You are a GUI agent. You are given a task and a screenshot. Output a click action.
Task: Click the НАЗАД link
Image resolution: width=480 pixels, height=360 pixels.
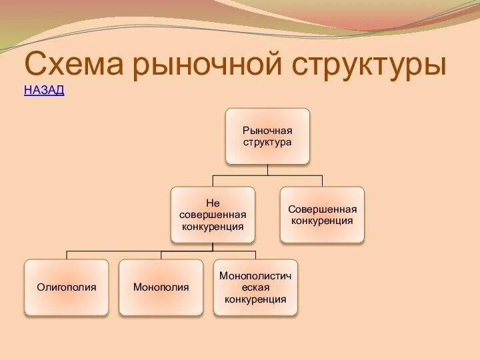click(x=44, y=91)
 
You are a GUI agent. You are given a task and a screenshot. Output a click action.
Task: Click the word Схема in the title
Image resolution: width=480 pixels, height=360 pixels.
click(x=74, y=66)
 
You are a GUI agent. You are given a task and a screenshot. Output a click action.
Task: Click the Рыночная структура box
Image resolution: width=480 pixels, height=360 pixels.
click(x=267, y=136)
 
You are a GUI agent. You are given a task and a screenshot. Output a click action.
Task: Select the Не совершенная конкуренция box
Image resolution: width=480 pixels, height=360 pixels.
click(x=213, y=214)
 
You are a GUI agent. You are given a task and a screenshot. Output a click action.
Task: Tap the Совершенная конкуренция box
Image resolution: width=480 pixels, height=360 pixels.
click(x=322, y=214)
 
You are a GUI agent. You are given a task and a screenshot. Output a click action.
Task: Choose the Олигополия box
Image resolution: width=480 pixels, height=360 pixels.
click(x=67, y=287)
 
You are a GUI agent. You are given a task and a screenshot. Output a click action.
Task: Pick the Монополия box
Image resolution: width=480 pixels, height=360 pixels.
click(x=161, y=287)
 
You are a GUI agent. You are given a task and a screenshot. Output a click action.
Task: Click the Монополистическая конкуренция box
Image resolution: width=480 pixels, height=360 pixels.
click(x=255, y=287)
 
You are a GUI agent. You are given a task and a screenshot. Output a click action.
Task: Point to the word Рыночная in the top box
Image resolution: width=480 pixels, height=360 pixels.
click(x=267, y=130)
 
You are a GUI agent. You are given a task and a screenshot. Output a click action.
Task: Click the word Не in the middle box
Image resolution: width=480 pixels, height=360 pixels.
click(x=213, y=203)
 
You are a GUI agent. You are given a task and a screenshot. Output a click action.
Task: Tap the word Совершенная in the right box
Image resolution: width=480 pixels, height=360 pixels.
click(x=322, y=209)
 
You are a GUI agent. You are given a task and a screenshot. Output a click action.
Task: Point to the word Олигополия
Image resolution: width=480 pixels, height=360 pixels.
click(x=67, y=287)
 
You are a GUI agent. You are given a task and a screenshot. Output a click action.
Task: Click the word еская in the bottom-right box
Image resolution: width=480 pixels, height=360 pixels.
click(x=255, y=287)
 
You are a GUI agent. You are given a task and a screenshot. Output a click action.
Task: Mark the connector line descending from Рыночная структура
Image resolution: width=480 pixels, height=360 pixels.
click(x=267, y=169)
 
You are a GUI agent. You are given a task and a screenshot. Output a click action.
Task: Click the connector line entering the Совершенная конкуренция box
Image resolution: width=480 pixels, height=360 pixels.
click(x=322, y=181)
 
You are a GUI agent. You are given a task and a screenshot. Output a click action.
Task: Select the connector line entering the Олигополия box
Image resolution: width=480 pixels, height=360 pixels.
click(x=67, y=255)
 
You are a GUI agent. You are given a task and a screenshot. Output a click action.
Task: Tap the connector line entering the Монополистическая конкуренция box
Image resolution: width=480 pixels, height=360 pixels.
click(x=255, y=255)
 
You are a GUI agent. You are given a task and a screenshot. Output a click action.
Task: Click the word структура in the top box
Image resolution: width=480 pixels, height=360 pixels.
click(x=267, y=142)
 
